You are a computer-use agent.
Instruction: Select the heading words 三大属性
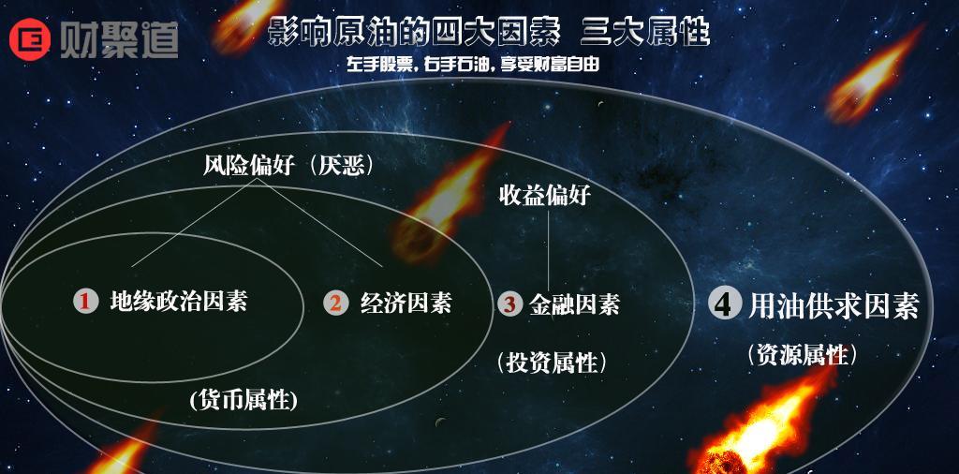[645, 34]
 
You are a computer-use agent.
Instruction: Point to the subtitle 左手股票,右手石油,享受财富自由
[484, 66]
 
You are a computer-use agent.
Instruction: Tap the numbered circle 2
[335, 303]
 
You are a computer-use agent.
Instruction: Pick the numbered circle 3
[509, 304]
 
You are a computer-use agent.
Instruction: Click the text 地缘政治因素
[179, 301]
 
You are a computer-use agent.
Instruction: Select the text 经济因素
[406, 303]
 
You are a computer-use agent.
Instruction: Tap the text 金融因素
[574, 304]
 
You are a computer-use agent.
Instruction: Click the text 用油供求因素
[834, 305]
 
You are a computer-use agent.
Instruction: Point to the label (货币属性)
[243, 400]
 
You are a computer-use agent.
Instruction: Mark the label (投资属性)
[553, 361]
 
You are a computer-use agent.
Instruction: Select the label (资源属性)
[802, 354]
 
